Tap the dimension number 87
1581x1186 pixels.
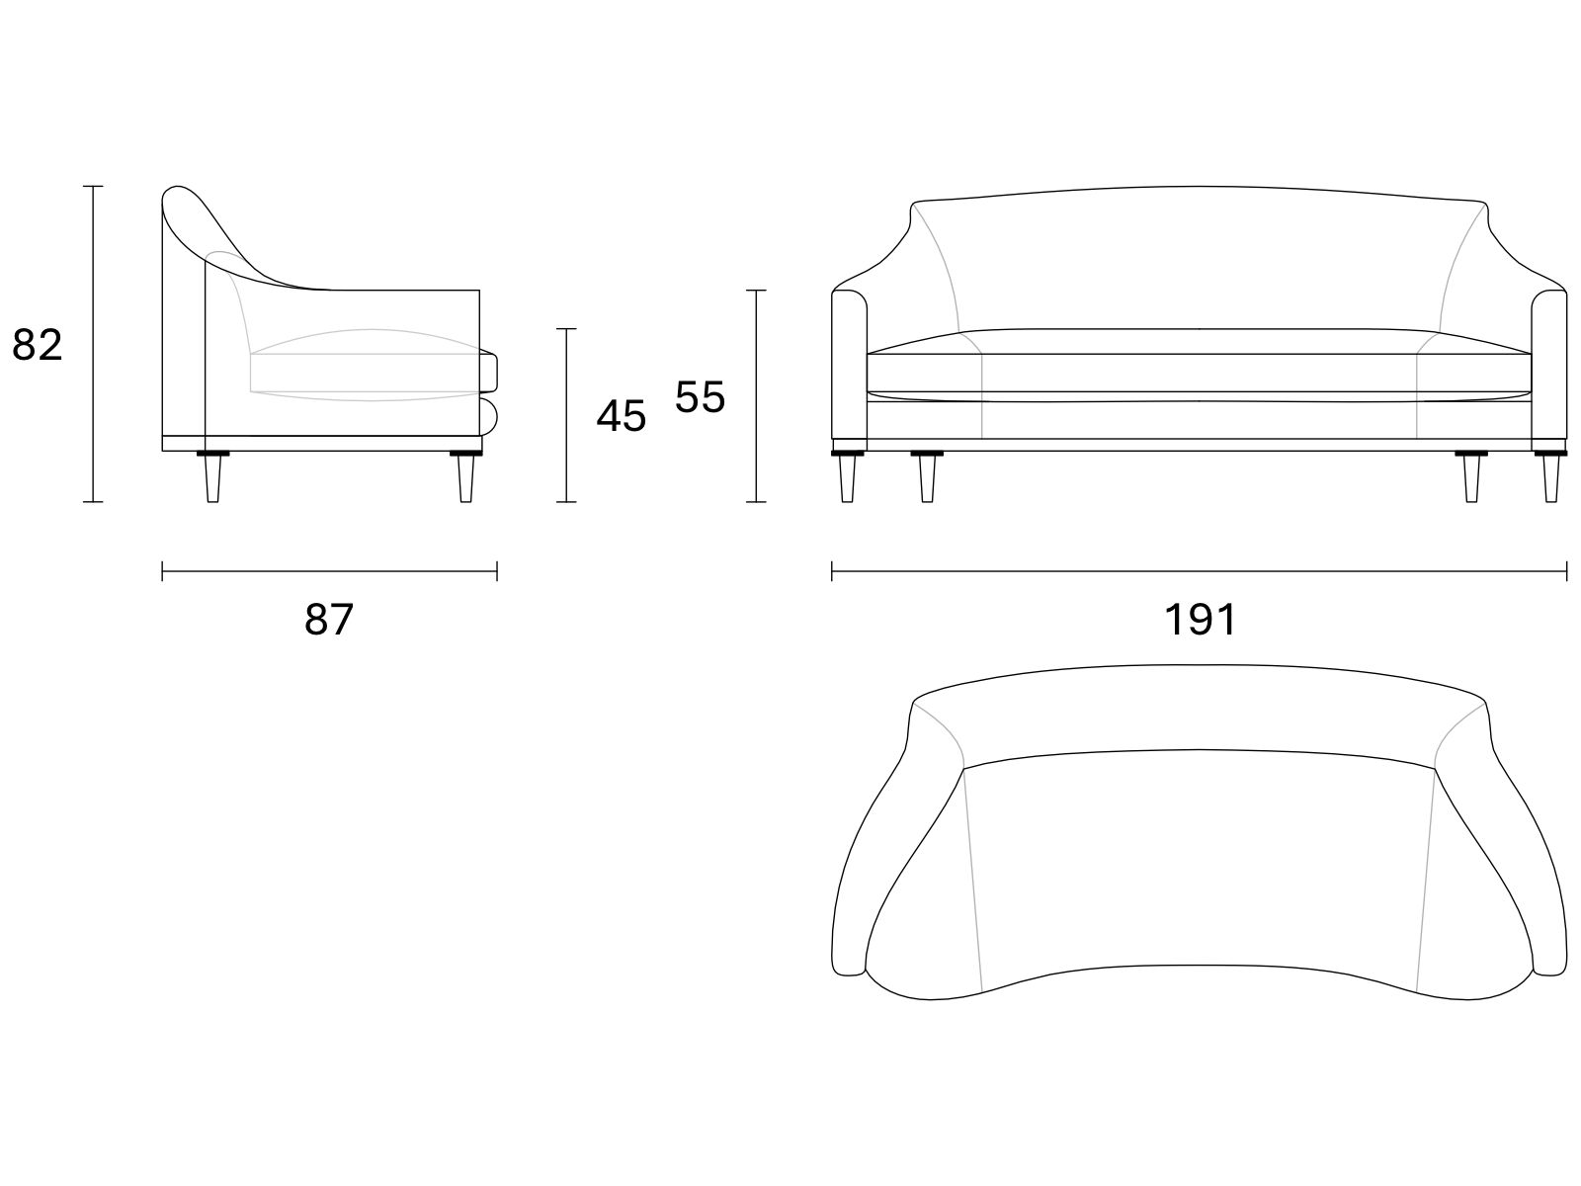(329, 619)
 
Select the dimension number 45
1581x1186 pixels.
(621, 416)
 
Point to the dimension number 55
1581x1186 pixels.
(700, 396)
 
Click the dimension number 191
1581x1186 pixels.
(1200, 619)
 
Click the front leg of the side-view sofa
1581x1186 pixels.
(466, 476)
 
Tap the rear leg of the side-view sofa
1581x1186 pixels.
(213, 476)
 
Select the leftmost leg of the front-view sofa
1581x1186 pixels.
(847, 476)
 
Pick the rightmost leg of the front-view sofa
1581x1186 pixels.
(1550, 476)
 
